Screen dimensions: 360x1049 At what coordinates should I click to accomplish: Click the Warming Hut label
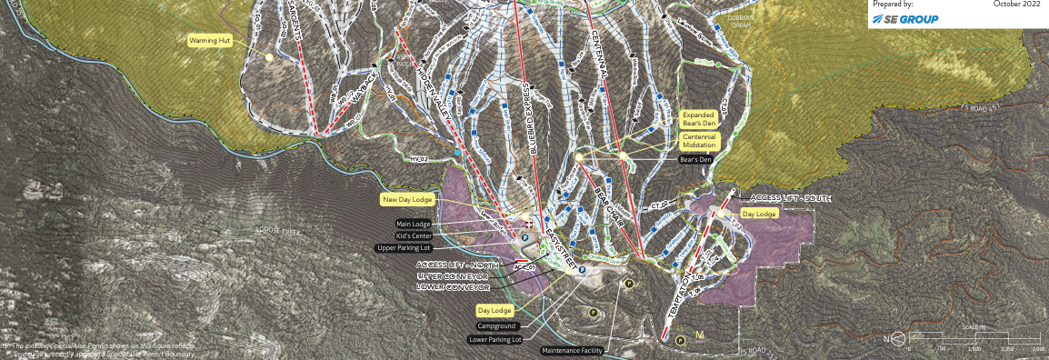coord(208,41)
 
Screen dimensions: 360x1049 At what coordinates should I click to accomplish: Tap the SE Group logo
coord(905,19)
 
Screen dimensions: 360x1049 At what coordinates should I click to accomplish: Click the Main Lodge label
coord(414,224)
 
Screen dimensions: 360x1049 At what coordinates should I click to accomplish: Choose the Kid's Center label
coord(415,235)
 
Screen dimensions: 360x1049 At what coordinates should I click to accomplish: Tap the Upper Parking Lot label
coord(405,247)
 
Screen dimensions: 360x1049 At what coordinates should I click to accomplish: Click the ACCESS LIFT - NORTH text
coord(457,263)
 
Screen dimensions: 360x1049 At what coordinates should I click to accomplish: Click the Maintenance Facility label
coord(571,350)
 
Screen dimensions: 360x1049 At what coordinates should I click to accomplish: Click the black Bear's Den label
coord(695,159)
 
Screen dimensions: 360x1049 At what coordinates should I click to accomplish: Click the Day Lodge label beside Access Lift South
coord(760,213)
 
